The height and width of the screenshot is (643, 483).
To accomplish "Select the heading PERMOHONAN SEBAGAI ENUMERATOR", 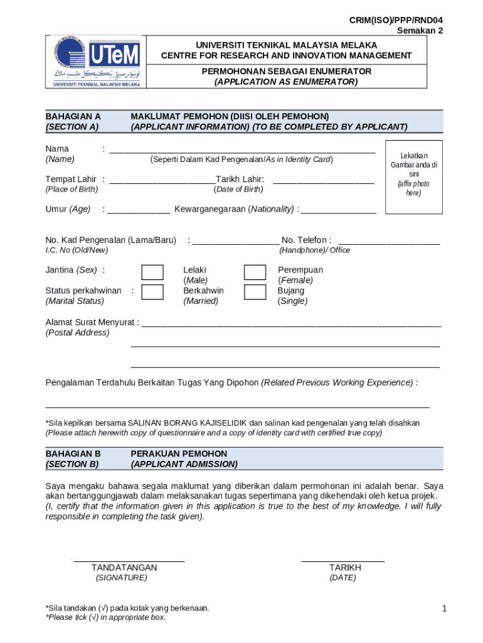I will [286, 72].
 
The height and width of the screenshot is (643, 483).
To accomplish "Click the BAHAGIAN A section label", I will [73, 116].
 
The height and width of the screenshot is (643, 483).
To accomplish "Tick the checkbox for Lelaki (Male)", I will [152, 272].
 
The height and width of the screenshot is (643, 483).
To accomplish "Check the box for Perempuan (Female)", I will [255, 272].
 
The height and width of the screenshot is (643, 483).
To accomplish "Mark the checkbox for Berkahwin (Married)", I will [152, 293].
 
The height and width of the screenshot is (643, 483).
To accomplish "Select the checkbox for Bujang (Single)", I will [255, 293].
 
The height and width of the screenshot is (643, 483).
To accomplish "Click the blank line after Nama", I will [242, 151].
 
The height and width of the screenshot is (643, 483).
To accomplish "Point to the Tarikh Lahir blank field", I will [323, 181].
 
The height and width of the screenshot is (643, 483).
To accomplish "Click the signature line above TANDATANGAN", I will [129, 559].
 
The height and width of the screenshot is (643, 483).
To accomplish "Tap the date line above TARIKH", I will [342, 559].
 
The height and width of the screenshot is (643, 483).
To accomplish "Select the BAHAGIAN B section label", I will [73, 453].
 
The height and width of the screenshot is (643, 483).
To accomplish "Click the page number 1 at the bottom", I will [443, 608].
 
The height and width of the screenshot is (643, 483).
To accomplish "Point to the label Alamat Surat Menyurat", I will [92, 322].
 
